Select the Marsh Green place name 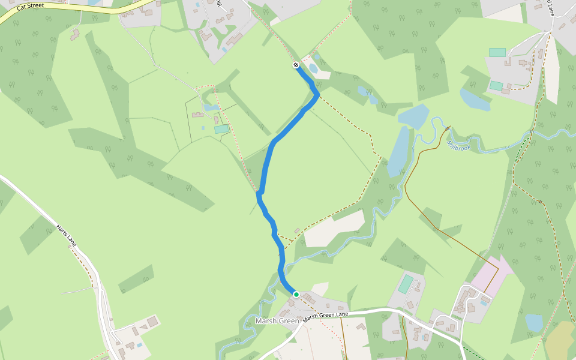click(277, 321)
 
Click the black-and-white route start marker click(296, 65)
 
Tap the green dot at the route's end click(296, 294)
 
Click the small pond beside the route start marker click(313, 68)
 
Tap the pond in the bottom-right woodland click(533, 323)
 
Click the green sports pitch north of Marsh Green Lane click(406, 283)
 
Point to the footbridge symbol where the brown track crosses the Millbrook click(448, 128)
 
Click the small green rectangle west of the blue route click(221, 128)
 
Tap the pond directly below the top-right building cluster click(474, 100)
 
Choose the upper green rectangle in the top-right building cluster click(497, 53)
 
